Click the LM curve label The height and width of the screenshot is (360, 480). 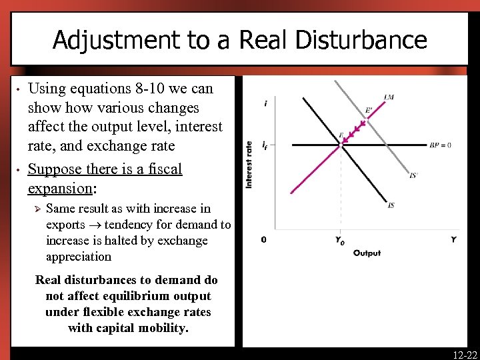tap(389, 97)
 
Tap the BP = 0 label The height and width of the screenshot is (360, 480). tap(441, 145)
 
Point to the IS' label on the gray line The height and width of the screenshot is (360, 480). tap(413, 175)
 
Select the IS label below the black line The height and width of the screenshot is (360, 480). tap(391, 205)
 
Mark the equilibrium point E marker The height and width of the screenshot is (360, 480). tap(341, 145)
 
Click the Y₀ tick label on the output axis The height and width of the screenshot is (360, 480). tap(341, 240)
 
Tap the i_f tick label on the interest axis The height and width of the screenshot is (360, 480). tap(265, 145)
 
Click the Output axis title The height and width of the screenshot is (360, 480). tap(367, 253)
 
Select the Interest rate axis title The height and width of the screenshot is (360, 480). tap(249, 164)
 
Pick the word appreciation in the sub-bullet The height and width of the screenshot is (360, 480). tap(79, 257)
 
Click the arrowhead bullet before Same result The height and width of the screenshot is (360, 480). tap(37, 209)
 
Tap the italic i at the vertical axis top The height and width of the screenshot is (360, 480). tap(266, 103)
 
